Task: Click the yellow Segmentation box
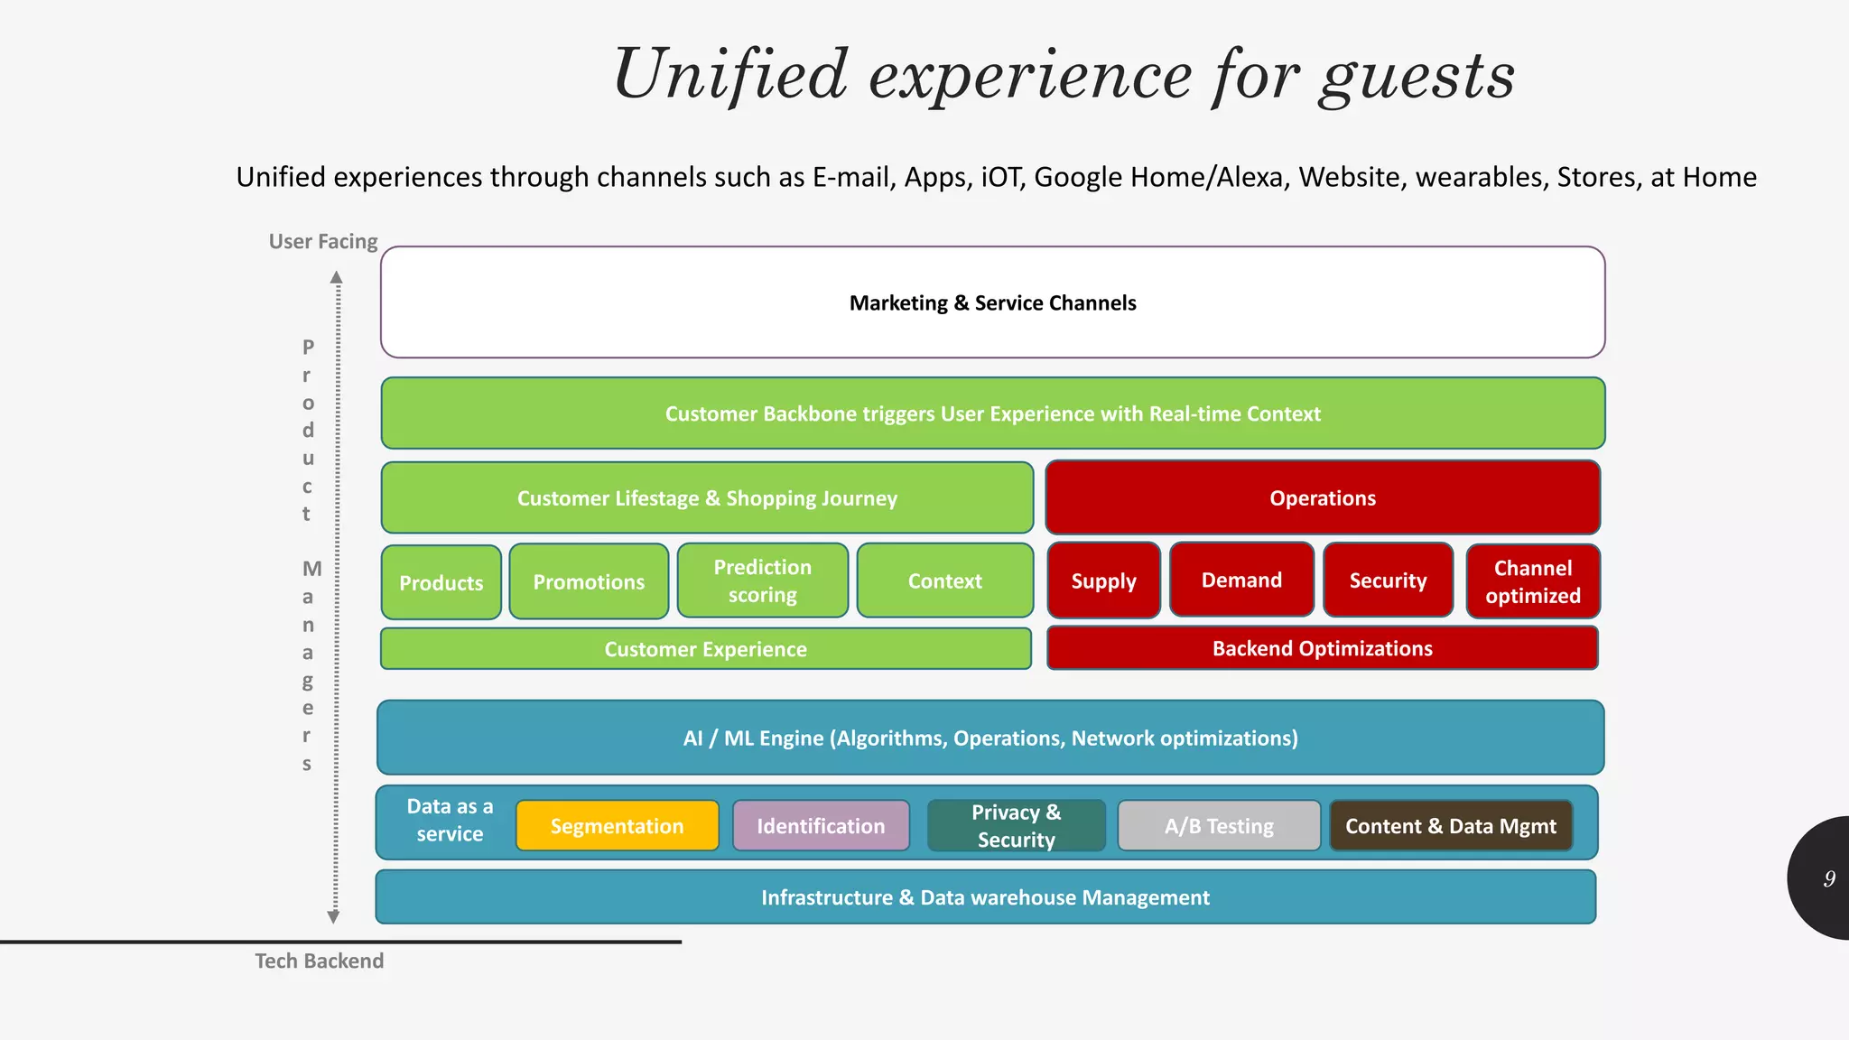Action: [618, 826]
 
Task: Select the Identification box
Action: [821, 826]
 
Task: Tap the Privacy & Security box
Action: [1016, 826]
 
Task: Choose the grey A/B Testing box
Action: [1219, 826]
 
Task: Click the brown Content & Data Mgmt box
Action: [1451, 826]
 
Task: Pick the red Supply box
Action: [1103, 580]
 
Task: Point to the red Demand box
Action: [1241, 580]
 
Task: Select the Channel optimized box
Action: [1533, 581]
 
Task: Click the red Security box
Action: [1388, 580]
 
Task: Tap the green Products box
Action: [441, 582]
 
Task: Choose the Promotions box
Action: [589, 581]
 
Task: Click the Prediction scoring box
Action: [763, 580]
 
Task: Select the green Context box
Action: [944, 580]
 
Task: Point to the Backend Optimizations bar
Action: [1322, 648]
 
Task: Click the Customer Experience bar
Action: [705, 649]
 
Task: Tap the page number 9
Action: [1829, 878]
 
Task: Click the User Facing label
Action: [323, 241]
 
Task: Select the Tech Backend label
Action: [319, 961]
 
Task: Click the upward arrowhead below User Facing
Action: [336, 277]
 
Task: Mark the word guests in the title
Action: [1417, 76]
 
